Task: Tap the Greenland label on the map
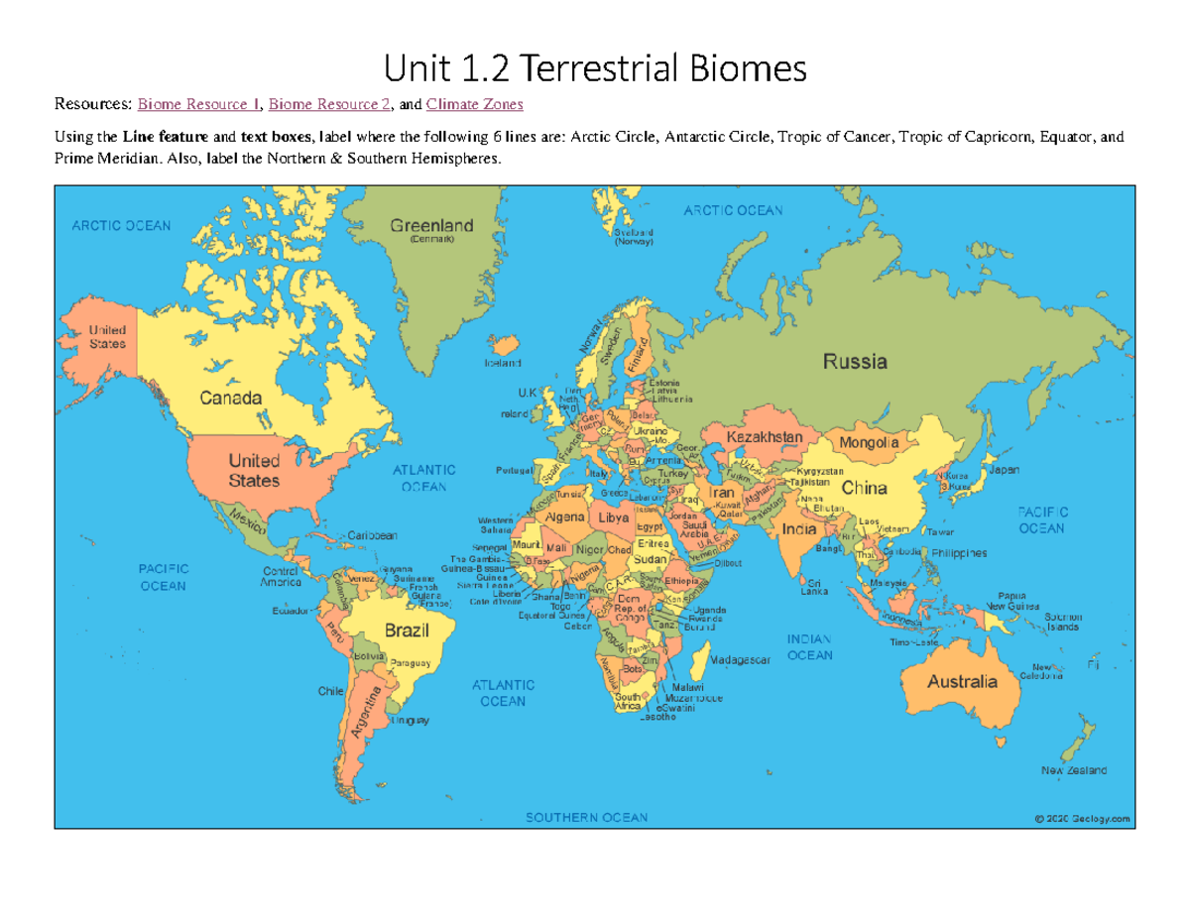[431, 225]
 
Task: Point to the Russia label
[855, 362]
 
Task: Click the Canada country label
[231, 399]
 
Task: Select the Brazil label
[406, 630]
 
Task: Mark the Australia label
[962, 682]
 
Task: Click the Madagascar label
[741, 660]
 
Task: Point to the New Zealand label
[1073, 770]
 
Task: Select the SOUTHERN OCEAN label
[586, 818]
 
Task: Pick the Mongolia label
[869, 442]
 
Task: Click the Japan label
[1003, 470]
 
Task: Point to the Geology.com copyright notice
[1081, 819]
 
